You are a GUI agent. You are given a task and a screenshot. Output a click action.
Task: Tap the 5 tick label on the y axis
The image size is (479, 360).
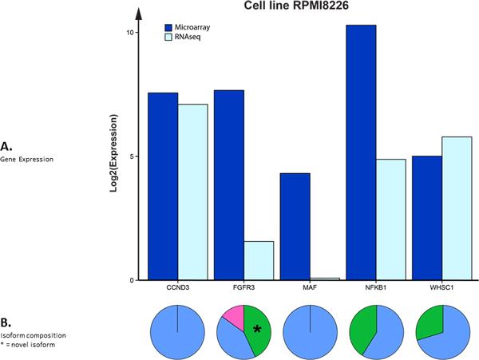pyautogui.click(x=132, y=156)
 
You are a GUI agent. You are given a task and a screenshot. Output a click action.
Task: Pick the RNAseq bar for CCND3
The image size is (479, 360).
pyautogui.click(x=193, y=192)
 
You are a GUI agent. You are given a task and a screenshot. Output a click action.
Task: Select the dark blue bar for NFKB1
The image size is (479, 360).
pyautogui.click(x=362, y=152)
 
